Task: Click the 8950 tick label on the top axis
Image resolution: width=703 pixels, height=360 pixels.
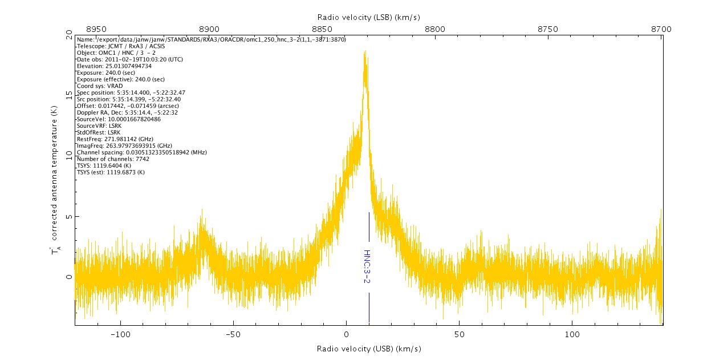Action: [96, 29]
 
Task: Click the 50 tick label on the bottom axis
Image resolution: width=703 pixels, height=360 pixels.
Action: [459, 334]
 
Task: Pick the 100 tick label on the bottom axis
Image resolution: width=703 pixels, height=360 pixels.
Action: [572, 334]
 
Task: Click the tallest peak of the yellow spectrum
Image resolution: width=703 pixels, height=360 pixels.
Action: [364, 52]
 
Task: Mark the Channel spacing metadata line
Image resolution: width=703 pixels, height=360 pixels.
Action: [141, 152]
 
